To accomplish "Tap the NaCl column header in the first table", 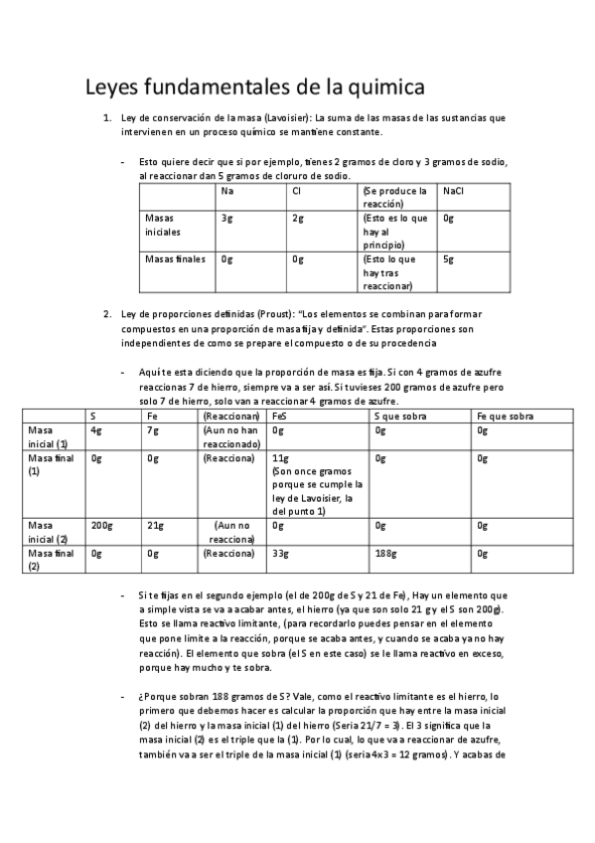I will (454, 191).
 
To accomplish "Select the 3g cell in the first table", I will (227, 218).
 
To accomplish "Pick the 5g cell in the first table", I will (449, 259).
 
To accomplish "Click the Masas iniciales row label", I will (162, 224).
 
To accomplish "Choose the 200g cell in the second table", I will (100, 525).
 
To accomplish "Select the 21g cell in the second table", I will (154, 525).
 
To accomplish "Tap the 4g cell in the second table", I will (95, 430).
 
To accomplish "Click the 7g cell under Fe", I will (152, 430).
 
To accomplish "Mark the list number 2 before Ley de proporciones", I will (107, 314).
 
